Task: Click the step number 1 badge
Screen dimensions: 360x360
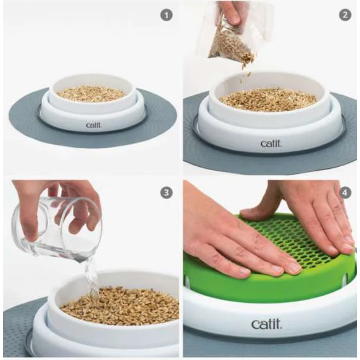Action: click(x=166, y=15)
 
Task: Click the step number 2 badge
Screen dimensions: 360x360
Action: click(x=345, y=15)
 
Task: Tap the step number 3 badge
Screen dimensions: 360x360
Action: click(x=166, y=193)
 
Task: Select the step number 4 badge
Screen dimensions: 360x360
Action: click(x=345, y=193)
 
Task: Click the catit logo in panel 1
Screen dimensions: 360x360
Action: click(x=93, y=125)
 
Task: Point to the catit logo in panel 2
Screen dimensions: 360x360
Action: click(x=271, y=144)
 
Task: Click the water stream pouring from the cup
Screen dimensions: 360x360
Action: click(x=92, y=281)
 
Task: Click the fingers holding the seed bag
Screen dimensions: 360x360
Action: click(x=230, y=13)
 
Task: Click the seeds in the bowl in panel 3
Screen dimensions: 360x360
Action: click(x=122, y=306)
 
